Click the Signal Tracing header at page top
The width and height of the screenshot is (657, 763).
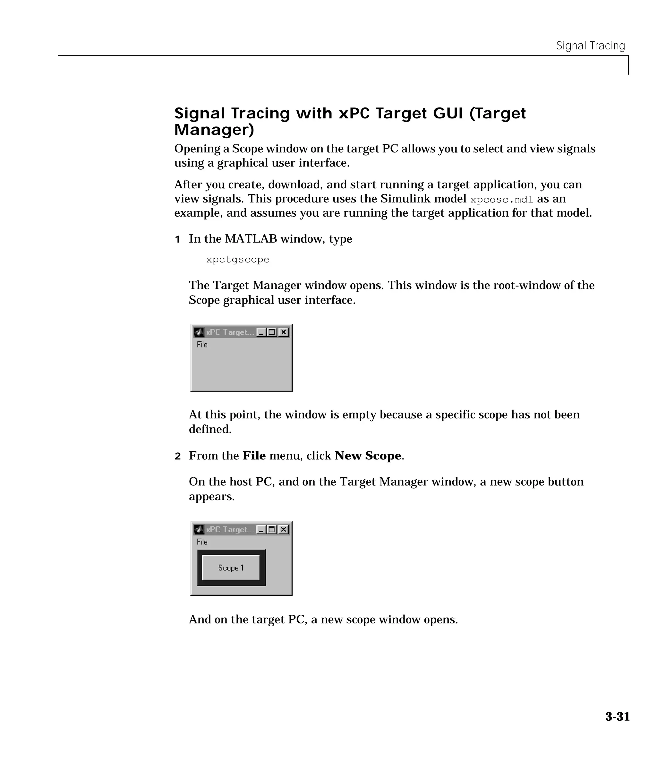pos(590,46)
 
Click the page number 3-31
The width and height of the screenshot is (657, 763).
pos(617,716)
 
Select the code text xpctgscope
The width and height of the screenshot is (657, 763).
pos(237,260)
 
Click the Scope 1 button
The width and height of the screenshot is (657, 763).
pos(231,568)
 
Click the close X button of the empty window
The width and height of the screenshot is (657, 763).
pos(283,332)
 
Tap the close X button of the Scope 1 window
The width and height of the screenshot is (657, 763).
pos(283,529)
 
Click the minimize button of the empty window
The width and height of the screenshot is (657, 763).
pos(261,332)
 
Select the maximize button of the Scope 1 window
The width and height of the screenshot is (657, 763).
pos(272,529)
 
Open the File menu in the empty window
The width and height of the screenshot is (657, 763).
pos(202,345)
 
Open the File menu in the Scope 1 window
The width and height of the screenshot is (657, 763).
pos(202,542)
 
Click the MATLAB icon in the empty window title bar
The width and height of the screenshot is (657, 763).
pos(199,332)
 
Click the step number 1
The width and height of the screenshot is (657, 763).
pos(177,239)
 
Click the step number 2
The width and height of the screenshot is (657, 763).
pos(177,456)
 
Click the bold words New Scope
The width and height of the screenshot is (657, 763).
pos(368,456)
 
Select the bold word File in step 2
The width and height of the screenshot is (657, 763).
pos(254,456)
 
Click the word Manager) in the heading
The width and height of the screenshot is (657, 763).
pos(214,130)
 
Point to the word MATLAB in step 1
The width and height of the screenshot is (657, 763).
pos(251,239)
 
